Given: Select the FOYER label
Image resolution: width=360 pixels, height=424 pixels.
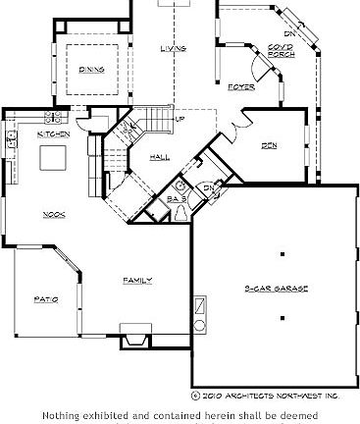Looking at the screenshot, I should tap(241, 87).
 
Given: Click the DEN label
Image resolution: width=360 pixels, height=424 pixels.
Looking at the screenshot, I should tap(268, 144).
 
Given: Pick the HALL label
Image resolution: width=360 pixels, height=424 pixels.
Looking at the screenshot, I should tap(161, 156).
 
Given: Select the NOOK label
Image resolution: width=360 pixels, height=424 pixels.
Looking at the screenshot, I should tap(53, 214).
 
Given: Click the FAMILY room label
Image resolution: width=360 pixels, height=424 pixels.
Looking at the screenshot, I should tap(136, 281).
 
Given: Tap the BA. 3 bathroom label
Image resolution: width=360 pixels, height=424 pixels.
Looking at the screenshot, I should tap(178, 198).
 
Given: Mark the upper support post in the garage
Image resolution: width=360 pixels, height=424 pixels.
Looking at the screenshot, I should tap(283, 254).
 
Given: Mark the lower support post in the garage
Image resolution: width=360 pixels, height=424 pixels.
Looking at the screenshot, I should tap(283, 318).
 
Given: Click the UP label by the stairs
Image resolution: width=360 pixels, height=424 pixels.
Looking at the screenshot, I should tap(180, 120).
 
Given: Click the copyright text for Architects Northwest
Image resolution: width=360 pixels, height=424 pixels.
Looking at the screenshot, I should tap(265, 396).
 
